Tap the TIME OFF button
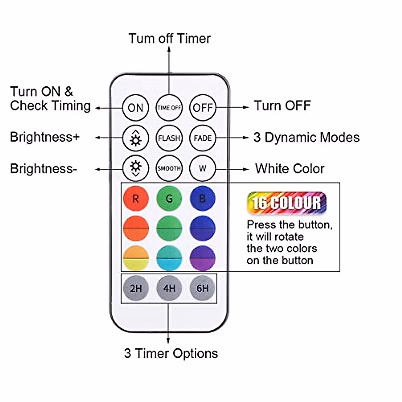[x=169, y=108]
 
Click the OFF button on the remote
[x=203, y=108]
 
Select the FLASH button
[x=169, y=138]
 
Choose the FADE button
[x=203, y=138]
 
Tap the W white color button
[x=203, y=168]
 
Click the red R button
[x=136, y=199]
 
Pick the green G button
[x=169, y=199]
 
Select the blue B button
[x=203, y=199]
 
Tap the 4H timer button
[x=169, y=288]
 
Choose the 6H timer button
[x=203, y=288]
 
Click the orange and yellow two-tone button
[x=136, y=258]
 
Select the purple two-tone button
[x=203, y=258]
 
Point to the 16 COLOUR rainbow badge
[x=286, y=203]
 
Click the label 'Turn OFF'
[x=282, y=106]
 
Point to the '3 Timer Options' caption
[x=171, y=353]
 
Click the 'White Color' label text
[x=289, y=169]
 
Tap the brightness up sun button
[x=136, y=138]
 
